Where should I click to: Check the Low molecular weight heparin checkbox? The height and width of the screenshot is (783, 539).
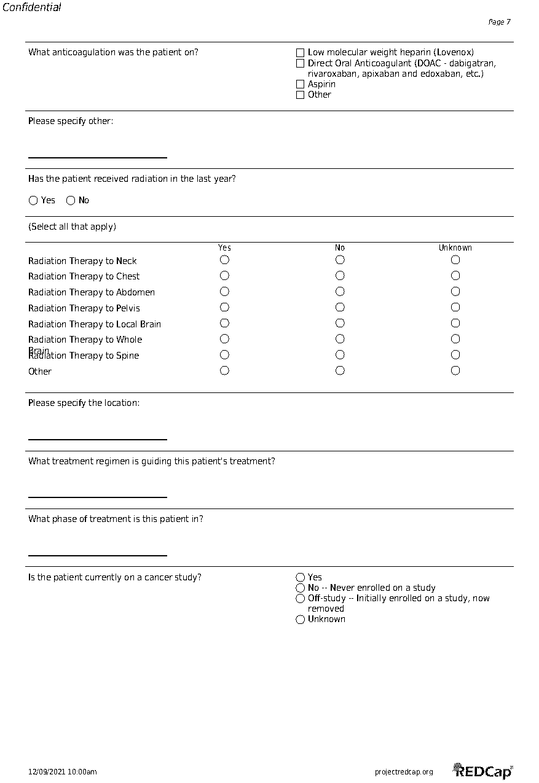(301, 53)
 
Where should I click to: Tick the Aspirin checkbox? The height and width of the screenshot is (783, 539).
(301, 84)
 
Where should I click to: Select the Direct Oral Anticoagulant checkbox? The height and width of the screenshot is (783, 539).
(301, 63)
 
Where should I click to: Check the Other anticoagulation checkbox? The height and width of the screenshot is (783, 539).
(301, 95)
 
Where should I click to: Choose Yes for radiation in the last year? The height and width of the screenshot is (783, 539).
(34, 201)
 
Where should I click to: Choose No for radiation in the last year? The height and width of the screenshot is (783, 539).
(71, 201)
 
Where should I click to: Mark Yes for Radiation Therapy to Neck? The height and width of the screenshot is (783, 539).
(224, 260)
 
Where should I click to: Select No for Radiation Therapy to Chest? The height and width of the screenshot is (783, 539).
(340, 276)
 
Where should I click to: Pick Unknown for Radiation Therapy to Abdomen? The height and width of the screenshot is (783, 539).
(455, 292)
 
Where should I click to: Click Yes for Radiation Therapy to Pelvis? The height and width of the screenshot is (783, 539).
(224, 308)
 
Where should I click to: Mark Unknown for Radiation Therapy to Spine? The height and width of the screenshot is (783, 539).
(455, 355)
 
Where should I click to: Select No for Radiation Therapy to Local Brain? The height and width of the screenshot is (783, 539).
(340, 324)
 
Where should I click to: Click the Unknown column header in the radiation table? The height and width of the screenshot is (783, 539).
(455, 248)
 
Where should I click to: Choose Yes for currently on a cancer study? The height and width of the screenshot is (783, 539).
(301, 577)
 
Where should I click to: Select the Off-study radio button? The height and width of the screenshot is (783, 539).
(301, 598)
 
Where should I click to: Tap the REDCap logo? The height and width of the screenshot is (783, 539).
(483, 771)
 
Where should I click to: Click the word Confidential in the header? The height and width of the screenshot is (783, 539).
(32, 7)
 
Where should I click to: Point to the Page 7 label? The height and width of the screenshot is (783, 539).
(499, 22)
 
